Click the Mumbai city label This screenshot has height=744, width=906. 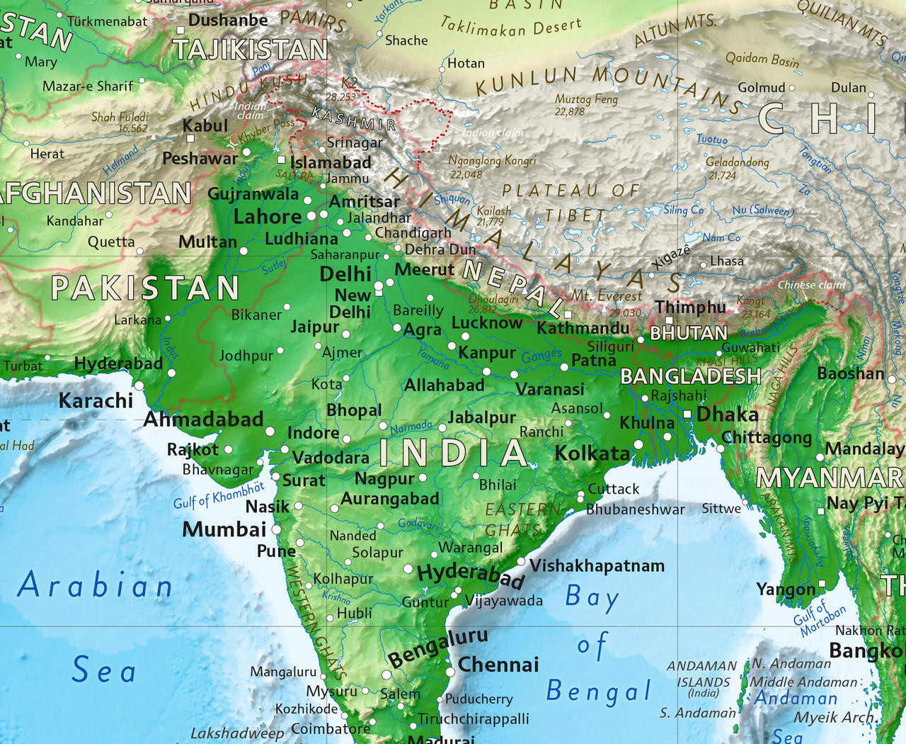pos(224,529)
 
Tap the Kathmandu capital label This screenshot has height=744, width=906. pos(583,328)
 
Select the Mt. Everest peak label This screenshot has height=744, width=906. pos(607,295)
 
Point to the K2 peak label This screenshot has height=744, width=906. pos(350,83)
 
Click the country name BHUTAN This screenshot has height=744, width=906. pos(688,333)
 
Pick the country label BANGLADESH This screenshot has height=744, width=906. pos(690,376)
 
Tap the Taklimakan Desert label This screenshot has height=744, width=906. pos(510,27)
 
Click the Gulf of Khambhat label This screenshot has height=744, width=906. pos(219,495)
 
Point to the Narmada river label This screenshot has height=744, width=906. pos(411,427)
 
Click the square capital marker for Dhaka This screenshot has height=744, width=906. pos(687,414)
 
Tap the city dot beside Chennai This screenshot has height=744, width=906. pos(450,672)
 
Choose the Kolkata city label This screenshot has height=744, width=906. pos(592,453)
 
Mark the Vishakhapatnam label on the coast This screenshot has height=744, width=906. pos(597,565)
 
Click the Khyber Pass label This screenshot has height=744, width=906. pos(266,129)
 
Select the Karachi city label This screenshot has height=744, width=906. pos(96,400)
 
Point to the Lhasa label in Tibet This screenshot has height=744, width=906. pos(726,261)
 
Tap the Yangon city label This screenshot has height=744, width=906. pos(786,590)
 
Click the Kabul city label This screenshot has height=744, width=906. pos(205,125)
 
